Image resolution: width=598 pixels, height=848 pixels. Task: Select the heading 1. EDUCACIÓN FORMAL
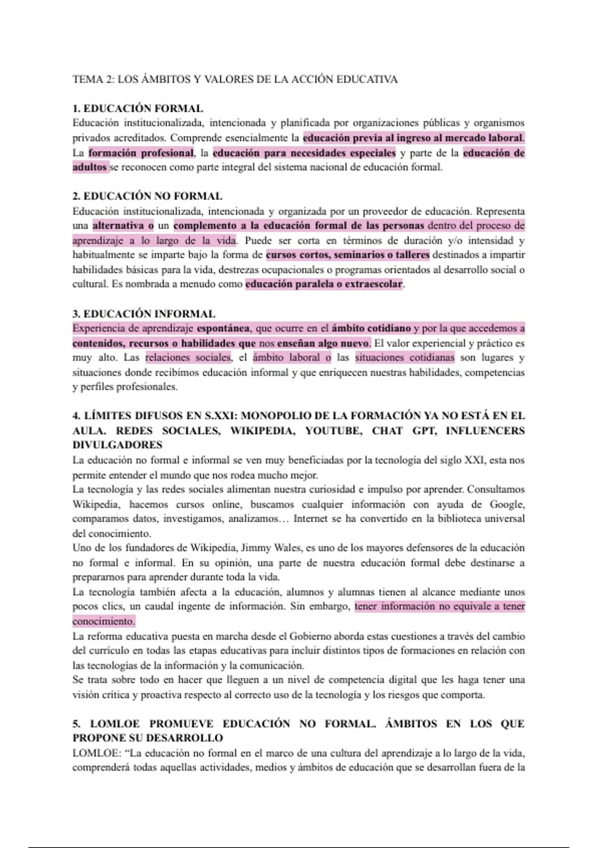(138, 108)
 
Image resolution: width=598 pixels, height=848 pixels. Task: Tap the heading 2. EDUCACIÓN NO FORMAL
(147, 196)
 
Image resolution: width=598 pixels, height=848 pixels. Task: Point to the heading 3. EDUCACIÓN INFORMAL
(144, 314)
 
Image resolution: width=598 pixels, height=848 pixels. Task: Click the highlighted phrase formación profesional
(141, 153)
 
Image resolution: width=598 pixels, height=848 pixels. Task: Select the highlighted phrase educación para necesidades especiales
(304, 153)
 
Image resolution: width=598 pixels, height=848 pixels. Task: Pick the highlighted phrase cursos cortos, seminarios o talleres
(347, 255)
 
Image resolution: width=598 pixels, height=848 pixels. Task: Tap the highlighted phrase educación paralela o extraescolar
(323, 284)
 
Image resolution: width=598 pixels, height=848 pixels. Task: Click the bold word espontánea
(223, 328)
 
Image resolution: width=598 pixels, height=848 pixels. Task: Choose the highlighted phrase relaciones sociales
(188, 357)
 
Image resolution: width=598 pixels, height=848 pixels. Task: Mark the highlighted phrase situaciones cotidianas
(405, 357)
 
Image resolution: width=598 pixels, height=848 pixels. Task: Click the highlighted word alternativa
(123, 225)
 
